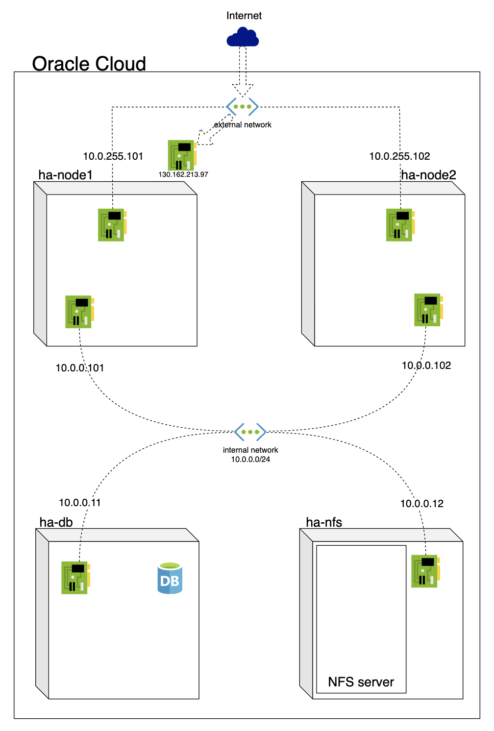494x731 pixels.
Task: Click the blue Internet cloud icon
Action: point(243,37)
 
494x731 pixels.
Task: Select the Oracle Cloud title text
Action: point(89,64)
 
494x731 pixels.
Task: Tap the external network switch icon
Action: point(242,106)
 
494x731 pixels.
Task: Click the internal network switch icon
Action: point(250,432)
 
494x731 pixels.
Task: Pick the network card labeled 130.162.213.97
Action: point(182,155)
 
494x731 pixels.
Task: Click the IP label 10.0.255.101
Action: point(113,156)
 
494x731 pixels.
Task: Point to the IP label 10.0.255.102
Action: point(399,156)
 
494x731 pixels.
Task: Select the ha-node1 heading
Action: point(66,175)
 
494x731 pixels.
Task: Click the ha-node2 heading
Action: point(428,175)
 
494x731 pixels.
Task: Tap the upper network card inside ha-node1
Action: point(112,225)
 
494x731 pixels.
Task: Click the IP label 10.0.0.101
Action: point(80,368)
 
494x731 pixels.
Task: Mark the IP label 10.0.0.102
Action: point(426,365)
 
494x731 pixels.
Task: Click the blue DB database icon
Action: point(170,579)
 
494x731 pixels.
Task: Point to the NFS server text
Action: point(361,682)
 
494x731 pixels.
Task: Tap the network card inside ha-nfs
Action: point(425,571)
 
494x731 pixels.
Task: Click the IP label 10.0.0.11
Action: point(80,503)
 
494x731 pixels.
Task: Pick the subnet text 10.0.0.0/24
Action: point(250,460)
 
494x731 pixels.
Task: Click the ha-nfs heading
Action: point(324,522)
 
